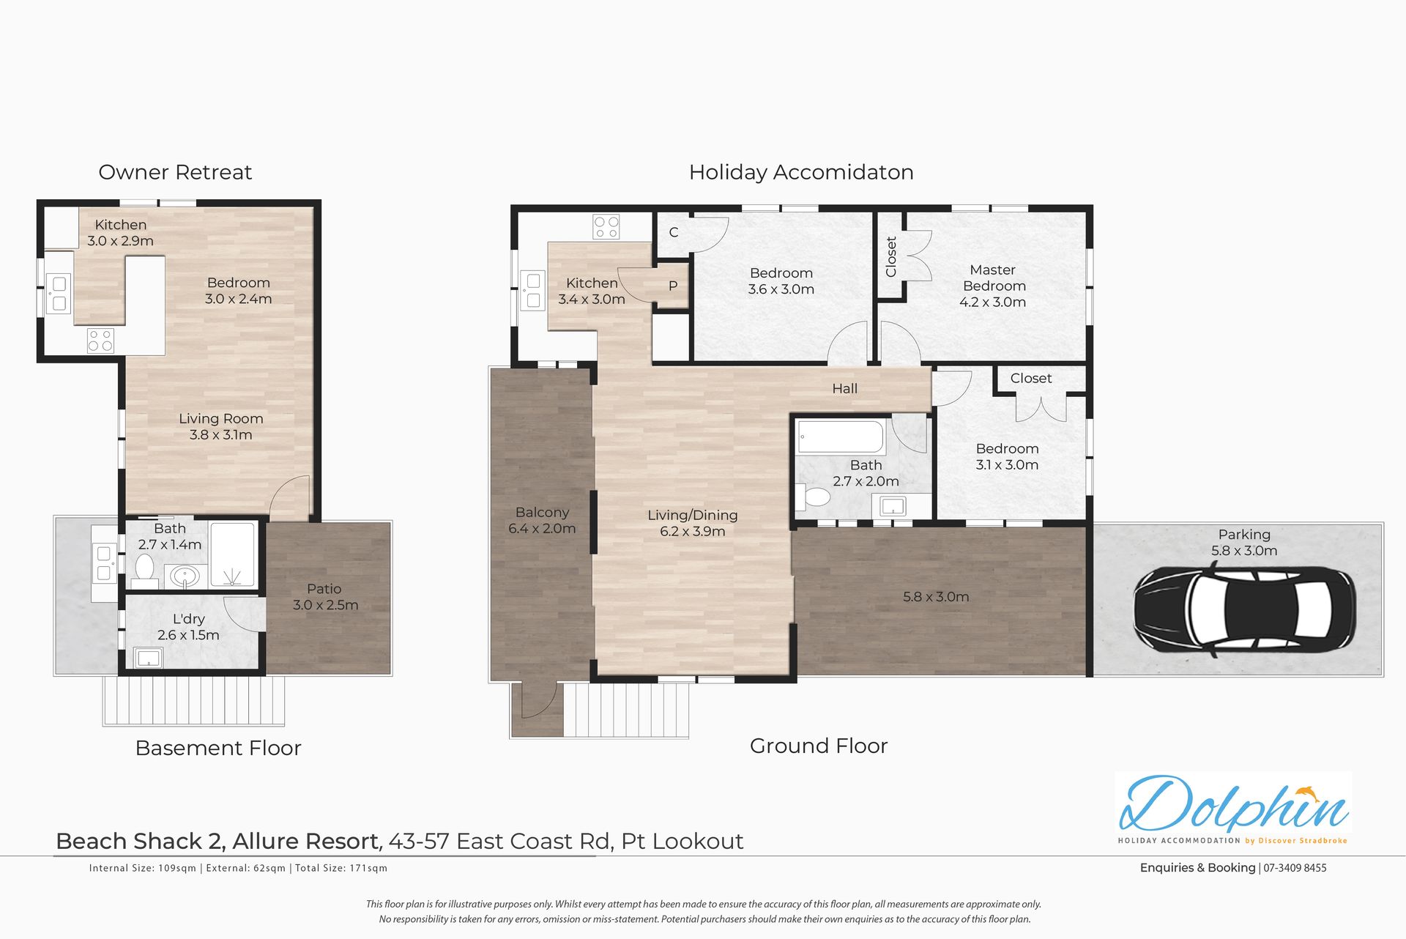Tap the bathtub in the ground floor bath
click(x=841, y=437)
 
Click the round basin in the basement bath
click(x=185, y=576)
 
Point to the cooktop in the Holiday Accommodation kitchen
click(x=606, y=227)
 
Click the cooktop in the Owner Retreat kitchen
click(x=100, y=341)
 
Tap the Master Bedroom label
click(x=993, y=286)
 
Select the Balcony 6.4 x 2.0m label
click(x=542, y=520)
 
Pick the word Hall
click(x=844, y=389)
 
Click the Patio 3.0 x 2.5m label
click(x=325, y=597)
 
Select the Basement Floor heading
click(x=218, y=748)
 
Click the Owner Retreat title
click(x=175, y=172)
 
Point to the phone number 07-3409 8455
click(x=1295, y=868)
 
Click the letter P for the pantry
click(x=673, y=286)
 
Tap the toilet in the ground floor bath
click(x=816, y=497)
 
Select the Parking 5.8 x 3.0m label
click(x=1244, y=543)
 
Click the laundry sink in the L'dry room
click(x=148, y=658)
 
